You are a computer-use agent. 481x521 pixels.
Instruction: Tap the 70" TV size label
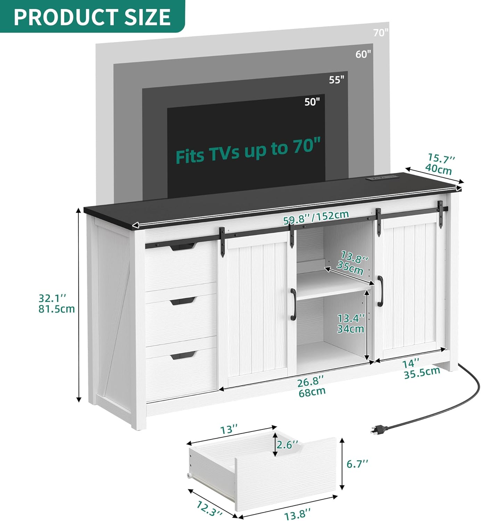pos(381,33)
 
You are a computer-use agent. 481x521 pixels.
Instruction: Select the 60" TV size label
pos(363,54)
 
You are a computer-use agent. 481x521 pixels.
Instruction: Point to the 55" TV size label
pos(337,80)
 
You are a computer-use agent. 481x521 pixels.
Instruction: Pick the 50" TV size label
pos(312,102)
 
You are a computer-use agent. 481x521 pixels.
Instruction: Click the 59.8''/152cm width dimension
pos(316,217)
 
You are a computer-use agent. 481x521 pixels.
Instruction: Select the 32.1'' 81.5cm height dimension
pos(56,304)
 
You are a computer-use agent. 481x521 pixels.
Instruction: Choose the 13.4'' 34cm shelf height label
pos(351,323)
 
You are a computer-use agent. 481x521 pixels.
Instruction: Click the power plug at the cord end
pos(379,430)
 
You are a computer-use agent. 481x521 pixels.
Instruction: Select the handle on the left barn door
pos(293,304)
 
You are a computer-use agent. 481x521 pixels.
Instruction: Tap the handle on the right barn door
pos(380,291)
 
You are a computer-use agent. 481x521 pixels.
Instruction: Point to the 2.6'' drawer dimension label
pos(287,445)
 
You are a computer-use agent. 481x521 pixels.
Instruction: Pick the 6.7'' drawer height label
pos(357,464)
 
